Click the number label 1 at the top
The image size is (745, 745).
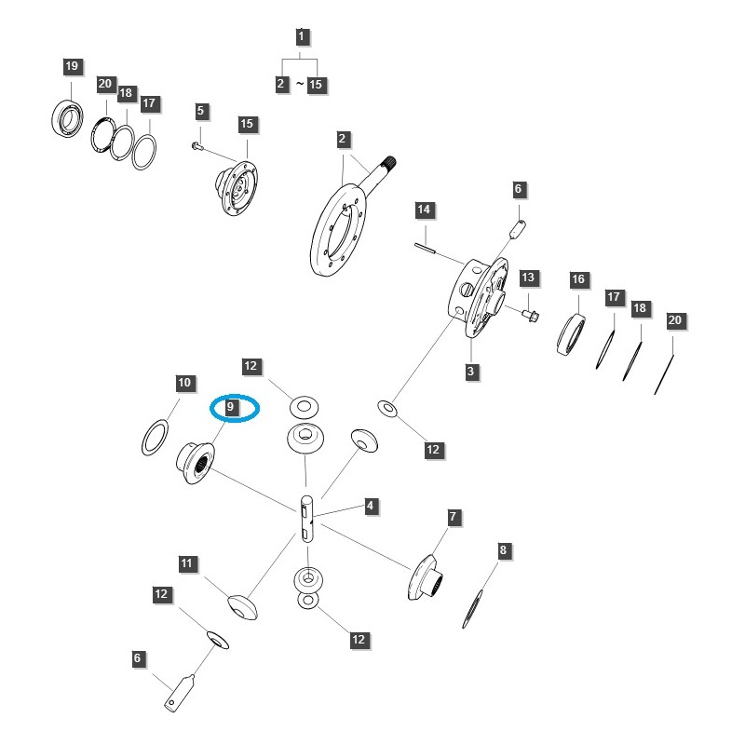coord(301,37)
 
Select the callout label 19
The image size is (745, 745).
coord(73,66)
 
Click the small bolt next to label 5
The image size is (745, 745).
coord(196,144)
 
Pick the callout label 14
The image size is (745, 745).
coord(424,210)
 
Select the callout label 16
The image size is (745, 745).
coord(578,279)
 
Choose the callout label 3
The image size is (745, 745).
coord(472,372)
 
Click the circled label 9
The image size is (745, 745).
coord(233,407)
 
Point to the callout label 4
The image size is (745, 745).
coord(371,507)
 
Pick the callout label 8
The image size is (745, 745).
coord(503,550)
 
